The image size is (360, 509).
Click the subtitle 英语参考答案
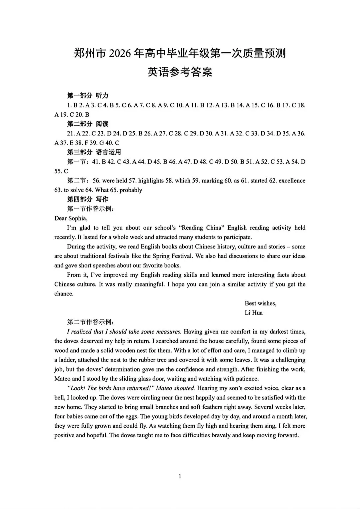tap(180, 72)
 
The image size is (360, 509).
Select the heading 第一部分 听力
tap(88, 96)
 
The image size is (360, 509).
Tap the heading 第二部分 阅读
tap(88, 124)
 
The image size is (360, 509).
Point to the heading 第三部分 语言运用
tap(94, 152)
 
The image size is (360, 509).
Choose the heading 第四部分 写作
tap(88, 199)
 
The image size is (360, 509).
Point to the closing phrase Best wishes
tap(260, 303)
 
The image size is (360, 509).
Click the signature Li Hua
tap(253, 313)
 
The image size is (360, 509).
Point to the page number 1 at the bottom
tap(180, 476)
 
